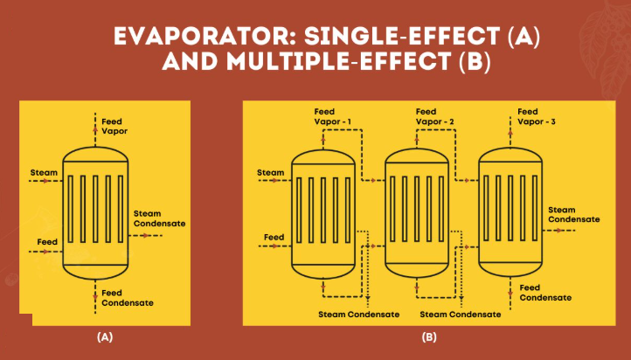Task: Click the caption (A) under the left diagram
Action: click(x=105, y=337)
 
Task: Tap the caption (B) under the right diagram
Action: click(x=429, y=337)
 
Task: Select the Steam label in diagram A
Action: click(x=44, y=172)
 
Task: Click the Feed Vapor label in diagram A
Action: click(x=114, y=127)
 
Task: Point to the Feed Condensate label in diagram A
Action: click(x=128, y=298)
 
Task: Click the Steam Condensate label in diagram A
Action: click(x=159, y=218)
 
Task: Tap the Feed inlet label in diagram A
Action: click(x=47, y=242)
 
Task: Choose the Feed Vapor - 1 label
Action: click(x=333, y=116)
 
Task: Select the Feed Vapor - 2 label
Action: click(x=435, y=116)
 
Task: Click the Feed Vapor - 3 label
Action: click(x=537, y=116)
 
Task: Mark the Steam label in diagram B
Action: click(x=270, y=172)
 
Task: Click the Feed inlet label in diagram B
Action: click(x=274, y=238)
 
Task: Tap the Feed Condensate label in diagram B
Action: click(x=545, y=293)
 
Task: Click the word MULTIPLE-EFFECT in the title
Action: click(x=338, y=61)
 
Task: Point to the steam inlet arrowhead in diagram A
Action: click(x=46, y=181)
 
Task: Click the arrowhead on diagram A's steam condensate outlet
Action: click(x=146, y=236)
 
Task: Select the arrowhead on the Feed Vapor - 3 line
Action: click(x=510, y=132)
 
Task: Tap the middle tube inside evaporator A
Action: click(x=95, y=209)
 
